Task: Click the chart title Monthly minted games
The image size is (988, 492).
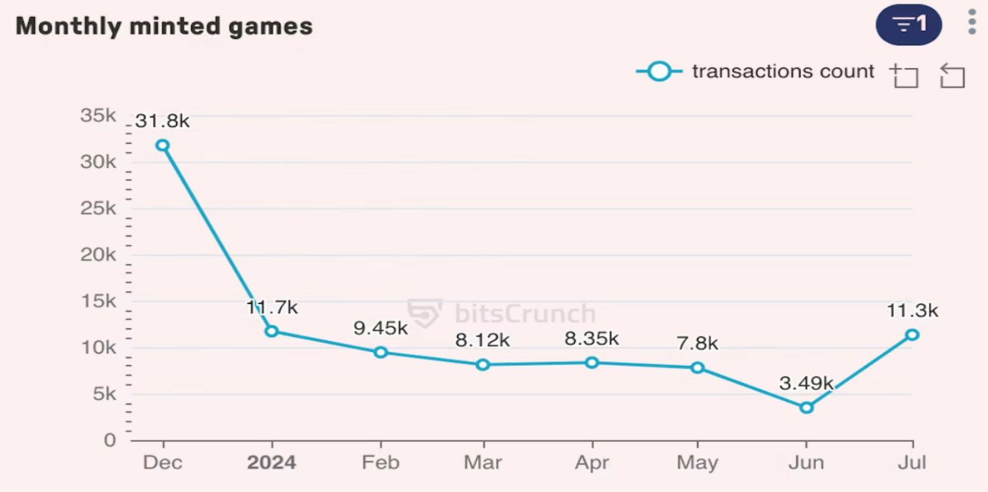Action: pos(164,27)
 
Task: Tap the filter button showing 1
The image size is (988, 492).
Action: pos(908,25)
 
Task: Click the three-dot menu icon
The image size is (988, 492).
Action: pos(972,22)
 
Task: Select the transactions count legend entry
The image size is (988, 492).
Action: pos(755,71)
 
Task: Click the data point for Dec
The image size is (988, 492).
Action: pos(162,145)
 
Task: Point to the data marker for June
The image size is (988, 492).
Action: pos(806,408)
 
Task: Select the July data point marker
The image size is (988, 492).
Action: pos(912,335)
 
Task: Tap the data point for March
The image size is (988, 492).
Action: pos(483,365)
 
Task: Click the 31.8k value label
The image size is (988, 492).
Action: pos(162,122)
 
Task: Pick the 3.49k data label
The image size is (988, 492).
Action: pos(806,384)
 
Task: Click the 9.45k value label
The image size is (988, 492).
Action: pos(381,328)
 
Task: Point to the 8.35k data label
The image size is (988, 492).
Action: pos(592,338)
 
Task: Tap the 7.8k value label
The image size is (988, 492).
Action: pos(698,343)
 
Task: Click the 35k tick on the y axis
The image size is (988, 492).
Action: pos(98,116)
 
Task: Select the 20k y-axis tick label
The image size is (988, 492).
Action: pos(98,255)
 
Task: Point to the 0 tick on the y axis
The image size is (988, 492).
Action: pos(110,440)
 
